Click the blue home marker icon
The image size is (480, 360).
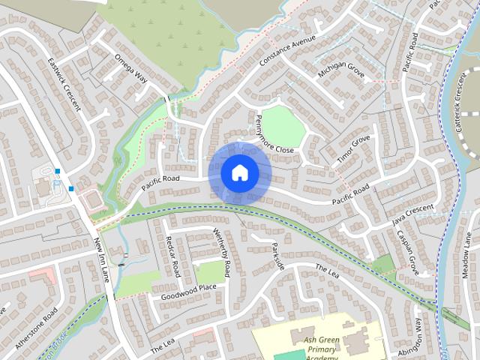pyautogui.click(x=239, y=172)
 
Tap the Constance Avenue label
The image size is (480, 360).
pyautogui.click(x=288, y=49)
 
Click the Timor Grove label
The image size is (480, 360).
pyautogui.click(x=353, y=148)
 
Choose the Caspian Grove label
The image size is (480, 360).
pyautogui.click(x=408, y=251)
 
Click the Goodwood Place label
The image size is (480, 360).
pyautogui.click(x=188, y=292)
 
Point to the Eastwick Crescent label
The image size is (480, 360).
pyautogui.click(x=63, y=84)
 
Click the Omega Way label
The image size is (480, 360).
pyautogui.click(x=130, y=67)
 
